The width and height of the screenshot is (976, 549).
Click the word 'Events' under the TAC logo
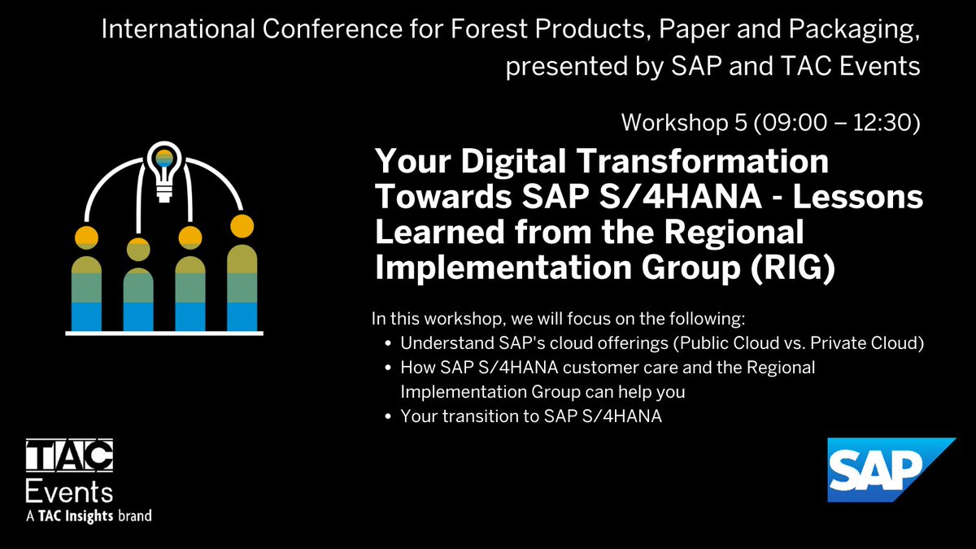point(69,492)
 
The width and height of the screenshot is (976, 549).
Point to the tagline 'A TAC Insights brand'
point(89,516)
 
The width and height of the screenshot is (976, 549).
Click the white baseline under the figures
point(163,333)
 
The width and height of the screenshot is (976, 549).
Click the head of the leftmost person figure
point(86,238)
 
